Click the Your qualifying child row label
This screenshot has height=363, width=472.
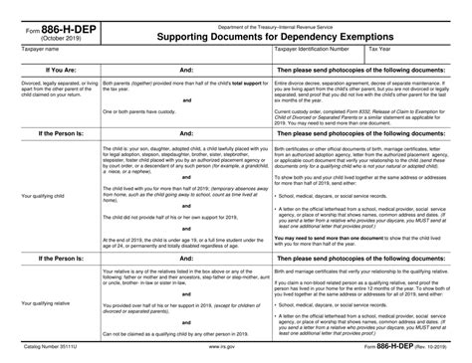pyautogui.click(x=44, y=224)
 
